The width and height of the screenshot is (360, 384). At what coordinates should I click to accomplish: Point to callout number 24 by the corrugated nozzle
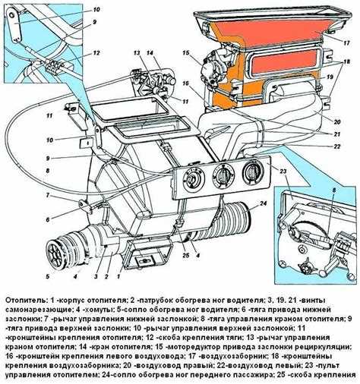tap(263, 204)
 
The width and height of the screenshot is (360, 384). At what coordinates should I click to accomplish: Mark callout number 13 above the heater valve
tap(137, 53)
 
